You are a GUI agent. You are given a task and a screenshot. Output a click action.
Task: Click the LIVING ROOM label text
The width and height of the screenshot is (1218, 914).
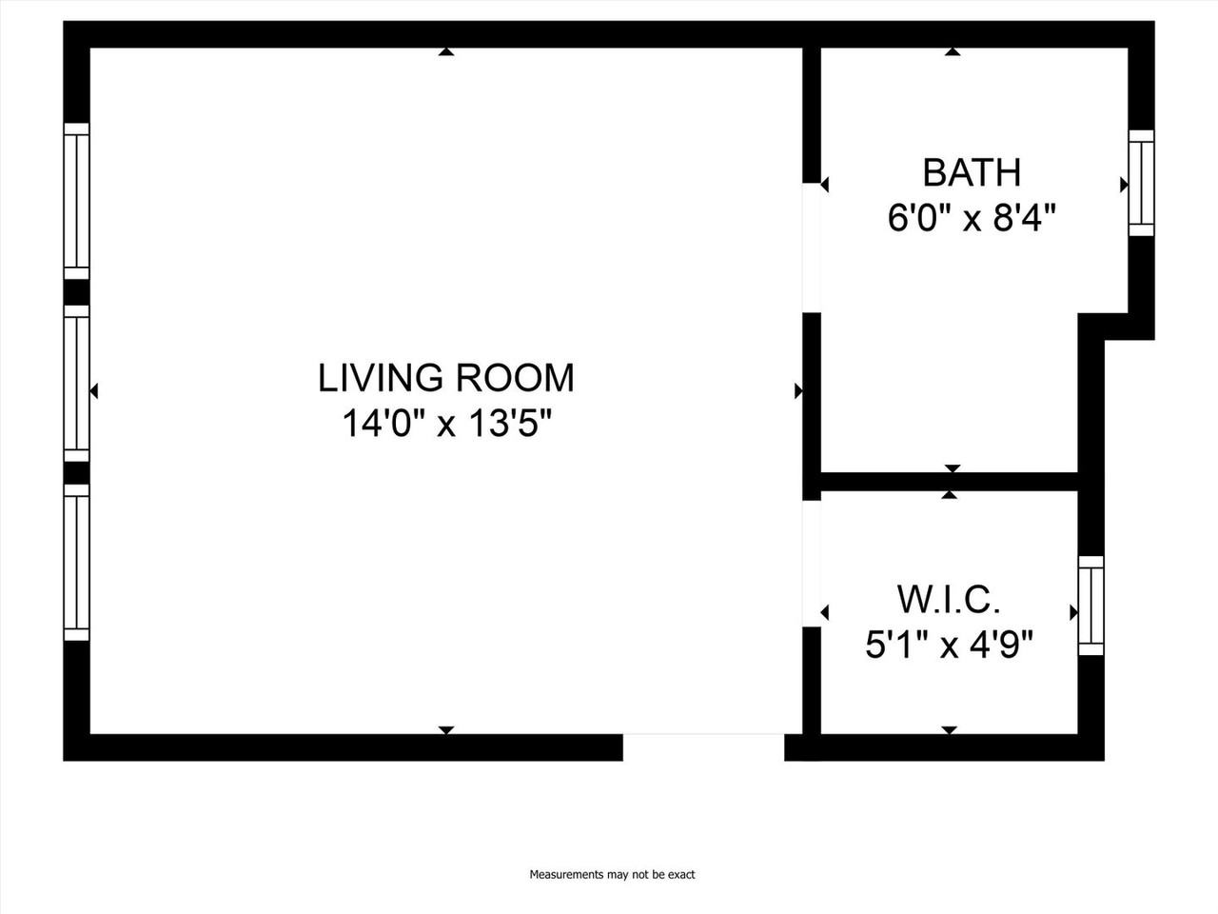[x=445, y=378]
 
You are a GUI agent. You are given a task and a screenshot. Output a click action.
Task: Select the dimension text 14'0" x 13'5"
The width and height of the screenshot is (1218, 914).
[x=446, y=424]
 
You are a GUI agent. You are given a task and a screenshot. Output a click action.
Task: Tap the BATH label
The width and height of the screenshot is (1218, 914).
[x=972, y=173]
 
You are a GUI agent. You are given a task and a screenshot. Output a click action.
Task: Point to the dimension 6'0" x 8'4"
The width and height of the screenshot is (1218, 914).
[x=972, y=219]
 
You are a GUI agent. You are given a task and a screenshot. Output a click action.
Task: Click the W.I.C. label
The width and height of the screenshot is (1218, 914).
[x=949, y=601]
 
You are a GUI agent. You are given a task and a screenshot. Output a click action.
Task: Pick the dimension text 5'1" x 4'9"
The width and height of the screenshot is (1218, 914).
[x=949, y=646]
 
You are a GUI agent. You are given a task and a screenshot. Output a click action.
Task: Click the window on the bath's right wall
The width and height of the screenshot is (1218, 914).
[x=1141, y=183]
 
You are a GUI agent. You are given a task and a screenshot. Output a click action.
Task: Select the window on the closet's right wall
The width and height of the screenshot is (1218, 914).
[x=1090, y=606]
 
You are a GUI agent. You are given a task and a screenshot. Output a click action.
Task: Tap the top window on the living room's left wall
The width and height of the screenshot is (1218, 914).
[x=76, y=201]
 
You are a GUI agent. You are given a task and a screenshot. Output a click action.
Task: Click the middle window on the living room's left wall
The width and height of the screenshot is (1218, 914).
[x=76, y=383]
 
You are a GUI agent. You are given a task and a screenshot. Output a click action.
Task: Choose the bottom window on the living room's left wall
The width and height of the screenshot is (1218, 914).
[x=76, y=563]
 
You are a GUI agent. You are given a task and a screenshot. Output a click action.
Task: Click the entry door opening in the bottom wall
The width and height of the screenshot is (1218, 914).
[x=703, y=746]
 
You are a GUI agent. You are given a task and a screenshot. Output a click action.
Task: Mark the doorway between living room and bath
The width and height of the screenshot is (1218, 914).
[x=812, y=248]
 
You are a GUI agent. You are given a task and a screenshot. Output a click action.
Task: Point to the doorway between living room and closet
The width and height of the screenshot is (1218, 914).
[x=812, y=564]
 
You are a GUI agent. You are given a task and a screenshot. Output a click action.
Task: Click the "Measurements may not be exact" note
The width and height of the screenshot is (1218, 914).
[x=612, y=874]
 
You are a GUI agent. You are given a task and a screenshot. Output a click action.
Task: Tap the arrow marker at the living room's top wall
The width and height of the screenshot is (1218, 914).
[x=445, y=52]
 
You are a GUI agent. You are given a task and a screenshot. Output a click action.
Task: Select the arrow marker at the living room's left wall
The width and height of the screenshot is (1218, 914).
[x=94, y=390]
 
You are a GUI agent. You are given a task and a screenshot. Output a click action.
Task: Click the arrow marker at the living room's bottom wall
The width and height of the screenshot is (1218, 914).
[x=445, y=729]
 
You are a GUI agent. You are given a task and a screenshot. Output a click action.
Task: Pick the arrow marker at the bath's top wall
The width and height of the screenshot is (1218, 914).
[x=952, y=52]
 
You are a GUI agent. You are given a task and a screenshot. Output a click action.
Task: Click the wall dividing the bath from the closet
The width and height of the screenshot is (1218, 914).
[x=948, y=482]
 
